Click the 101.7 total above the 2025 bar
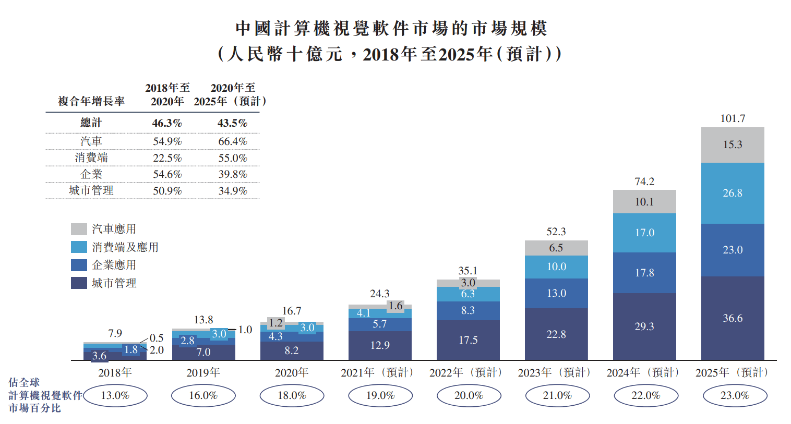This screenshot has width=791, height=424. [x=733, y=118]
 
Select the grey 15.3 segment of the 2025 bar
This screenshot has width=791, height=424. [x=733, y=145]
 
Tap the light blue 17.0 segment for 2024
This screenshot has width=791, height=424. [x=644, y=233]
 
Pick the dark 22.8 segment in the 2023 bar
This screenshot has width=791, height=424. [x=556, y=334]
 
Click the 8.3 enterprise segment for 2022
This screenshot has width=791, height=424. [x=468, y=310]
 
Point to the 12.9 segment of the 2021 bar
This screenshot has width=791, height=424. [x=380, y=345]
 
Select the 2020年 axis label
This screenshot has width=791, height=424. [x=292, y=372]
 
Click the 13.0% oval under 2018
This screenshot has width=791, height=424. [x=115, y=395]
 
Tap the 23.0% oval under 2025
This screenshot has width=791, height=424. [x=735, y=395]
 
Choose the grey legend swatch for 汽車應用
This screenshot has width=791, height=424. [x=79, y=229]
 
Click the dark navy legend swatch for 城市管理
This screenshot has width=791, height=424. [x=79, y=283]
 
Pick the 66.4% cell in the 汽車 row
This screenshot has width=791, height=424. [x=233, y=141]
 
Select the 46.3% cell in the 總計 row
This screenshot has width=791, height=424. [x=167, y=123]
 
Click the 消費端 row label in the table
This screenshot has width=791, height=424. [x=91, y=158]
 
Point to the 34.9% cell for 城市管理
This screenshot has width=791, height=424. [x=233, y=191]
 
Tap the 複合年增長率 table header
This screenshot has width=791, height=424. [x=91, y=101]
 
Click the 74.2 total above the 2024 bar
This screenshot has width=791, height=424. [x=644, y=181]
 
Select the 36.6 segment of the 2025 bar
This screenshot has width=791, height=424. [x=733, y=318]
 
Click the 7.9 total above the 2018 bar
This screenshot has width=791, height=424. [x=115, y=333]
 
